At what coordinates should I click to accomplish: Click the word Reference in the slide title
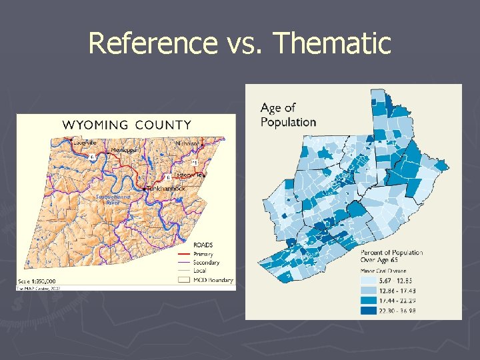point(151,43)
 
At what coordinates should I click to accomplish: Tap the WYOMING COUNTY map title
point(127,125)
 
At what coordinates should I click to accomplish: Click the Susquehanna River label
point(113,200)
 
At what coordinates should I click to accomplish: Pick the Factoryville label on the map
point(189,175)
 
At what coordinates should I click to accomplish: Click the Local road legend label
point(201,271)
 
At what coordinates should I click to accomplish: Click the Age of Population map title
point(288,115)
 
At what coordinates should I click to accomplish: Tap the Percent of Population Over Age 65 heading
point(391,256)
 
